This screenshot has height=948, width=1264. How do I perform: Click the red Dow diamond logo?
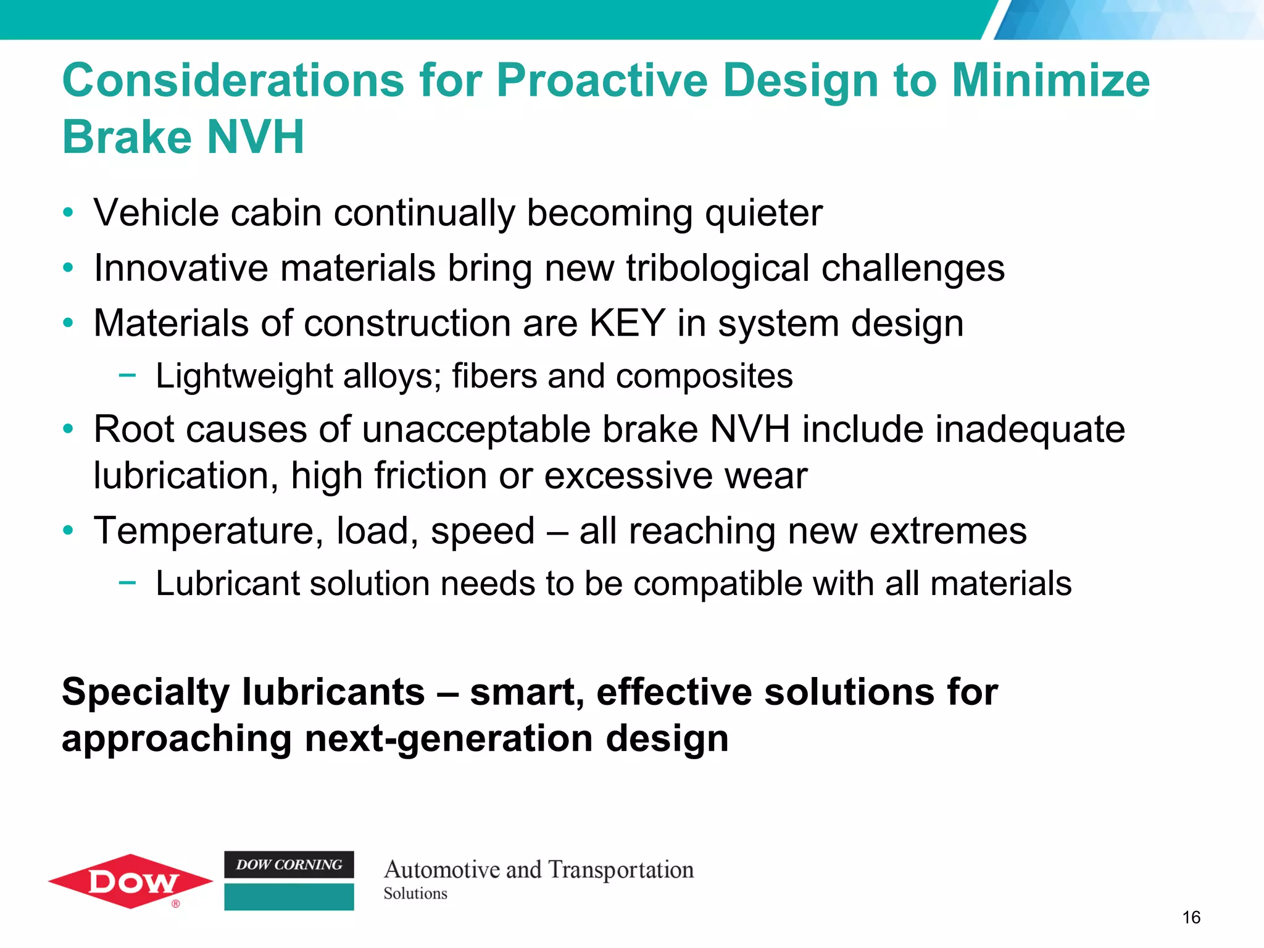tap(131, 881)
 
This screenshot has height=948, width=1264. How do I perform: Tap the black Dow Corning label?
tap(289, 865)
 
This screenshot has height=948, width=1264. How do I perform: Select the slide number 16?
tap(1191, 918)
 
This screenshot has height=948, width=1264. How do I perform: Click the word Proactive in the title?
tap(602, 81)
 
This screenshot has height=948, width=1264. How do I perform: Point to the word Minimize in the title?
tap(1050, 81)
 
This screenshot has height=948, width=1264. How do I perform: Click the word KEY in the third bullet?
tap(627, 323)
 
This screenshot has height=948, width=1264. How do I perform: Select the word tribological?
tap(717, 268)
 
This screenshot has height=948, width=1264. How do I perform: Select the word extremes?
tap(948, 531)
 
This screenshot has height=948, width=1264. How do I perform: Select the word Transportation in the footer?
tap(621, 870)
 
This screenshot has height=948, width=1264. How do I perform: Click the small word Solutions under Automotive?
tap(415, 894)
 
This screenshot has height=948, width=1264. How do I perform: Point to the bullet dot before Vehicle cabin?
tap(69, 214)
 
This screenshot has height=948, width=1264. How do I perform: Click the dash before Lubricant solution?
tap(127, 582)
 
